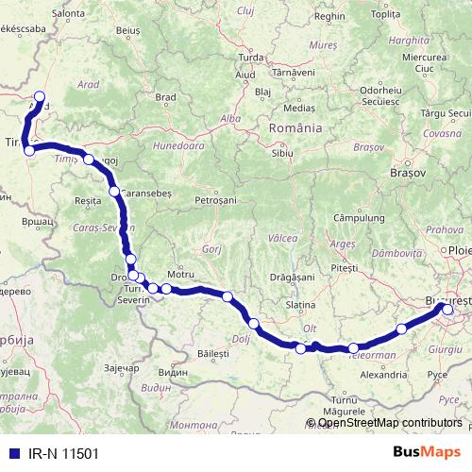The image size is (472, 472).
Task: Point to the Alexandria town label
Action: tap(383, 374)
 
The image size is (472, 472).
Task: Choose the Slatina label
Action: tap(299, 306)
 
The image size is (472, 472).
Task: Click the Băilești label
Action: tap(213, 352)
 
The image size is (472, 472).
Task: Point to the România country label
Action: tap(295, 127)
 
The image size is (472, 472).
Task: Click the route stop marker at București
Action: tap(447, 310)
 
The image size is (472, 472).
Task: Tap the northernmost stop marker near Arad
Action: tap(40, 94)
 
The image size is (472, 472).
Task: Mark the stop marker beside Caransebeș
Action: tap(114, 192)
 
